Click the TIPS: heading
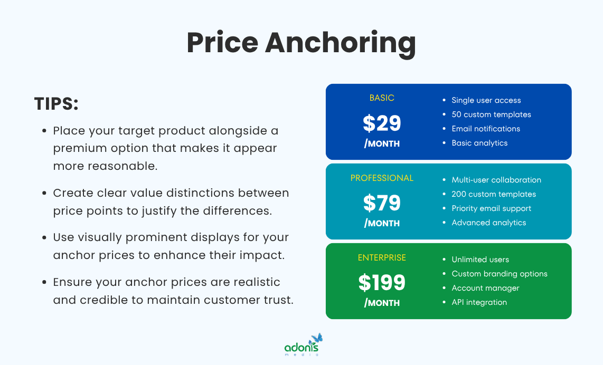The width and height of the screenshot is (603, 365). pyautogui.click(x=56, y=104)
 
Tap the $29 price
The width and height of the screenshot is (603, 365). pyautogui.click(x=382, y=123)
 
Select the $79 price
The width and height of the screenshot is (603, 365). pyautogui.click(x=382, y=203)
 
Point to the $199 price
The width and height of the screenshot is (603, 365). pyautogui.click(x=382, y=283)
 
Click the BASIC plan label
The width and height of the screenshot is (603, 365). pyautogui.click(x=382, y=98)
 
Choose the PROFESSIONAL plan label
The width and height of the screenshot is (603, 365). pyautogui.click(x=382, y=178)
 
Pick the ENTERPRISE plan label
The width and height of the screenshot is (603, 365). pyautogui.click(x=382, y=257)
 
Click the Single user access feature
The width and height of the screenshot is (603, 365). pyautogui.click(x=486, y=100)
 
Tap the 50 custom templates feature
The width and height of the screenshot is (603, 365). pyautogui.click(x=491, y=114)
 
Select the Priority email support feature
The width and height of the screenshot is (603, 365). pyautogui.click(x=491, y=208)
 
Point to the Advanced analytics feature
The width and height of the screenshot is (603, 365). pyautogui.click(x=488, y=223)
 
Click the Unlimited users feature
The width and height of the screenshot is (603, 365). pyautogui.click(x=480, y=260)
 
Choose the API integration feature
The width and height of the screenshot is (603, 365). pyautogui.click(x=479, y=302)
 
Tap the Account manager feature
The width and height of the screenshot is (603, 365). pyautogui.click(x=485, y=288)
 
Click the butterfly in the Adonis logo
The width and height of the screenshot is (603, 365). pyautogui.click(x=317, y=338)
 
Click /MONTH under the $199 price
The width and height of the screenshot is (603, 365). pyautogui.click(x=382, y=303)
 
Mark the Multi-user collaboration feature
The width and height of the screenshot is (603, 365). pyautogui.click(x=496, y=180)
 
